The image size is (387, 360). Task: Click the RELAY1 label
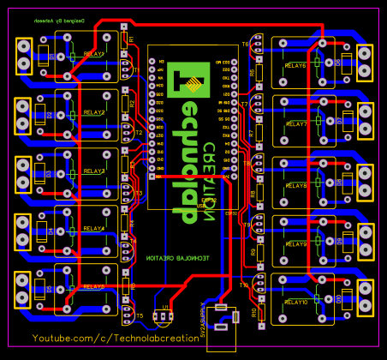(x=94, y=53)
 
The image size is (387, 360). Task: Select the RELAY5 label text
(x=94, y=287)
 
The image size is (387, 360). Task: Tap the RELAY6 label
(x=295, y=65)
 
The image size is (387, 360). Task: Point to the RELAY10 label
(x=295, y=303)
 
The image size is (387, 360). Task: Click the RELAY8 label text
(x=295, y=185)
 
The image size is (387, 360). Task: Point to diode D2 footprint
(x=50, y=115)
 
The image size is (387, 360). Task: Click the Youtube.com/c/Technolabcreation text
(x=116, y=340)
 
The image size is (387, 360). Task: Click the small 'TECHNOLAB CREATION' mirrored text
(x=176, y=257)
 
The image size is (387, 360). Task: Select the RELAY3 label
(x=94, y=171)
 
